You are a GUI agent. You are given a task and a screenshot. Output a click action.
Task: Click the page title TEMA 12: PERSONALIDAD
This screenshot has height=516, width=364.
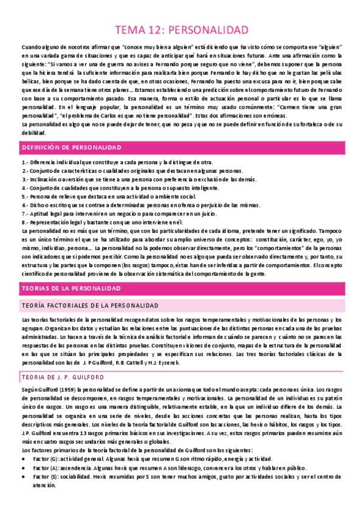pyautogui.click(x=182, y=30)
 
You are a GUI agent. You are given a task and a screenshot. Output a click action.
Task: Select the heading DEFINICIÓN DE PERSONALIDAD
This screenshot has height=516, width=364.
pyautogui.click(x=72, y=148)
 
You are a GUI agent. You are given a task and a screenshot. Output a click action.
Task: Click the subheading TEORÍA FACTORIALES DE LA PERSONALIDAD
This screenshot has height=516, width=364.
pyautogui.click(x=90, y=304)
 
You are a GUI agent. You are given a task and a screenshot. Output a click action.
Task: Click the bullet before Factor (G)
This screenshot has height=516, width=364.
pyautogui.click(x=24, y=458)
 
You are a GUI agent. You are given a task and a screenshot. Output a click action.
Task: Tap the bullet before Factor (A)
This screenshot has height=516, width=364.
pyautogui.click(x=24, y=470)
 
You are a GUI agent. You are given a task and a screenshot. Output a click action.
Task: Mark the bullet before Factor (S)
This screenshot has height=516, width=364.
pyautogui.click(x=24, y=479)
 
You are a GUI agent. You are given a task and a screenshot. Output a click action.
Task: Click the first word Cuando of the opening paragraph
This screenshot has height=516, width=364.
pyautogui.click(x=30, y=47)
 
